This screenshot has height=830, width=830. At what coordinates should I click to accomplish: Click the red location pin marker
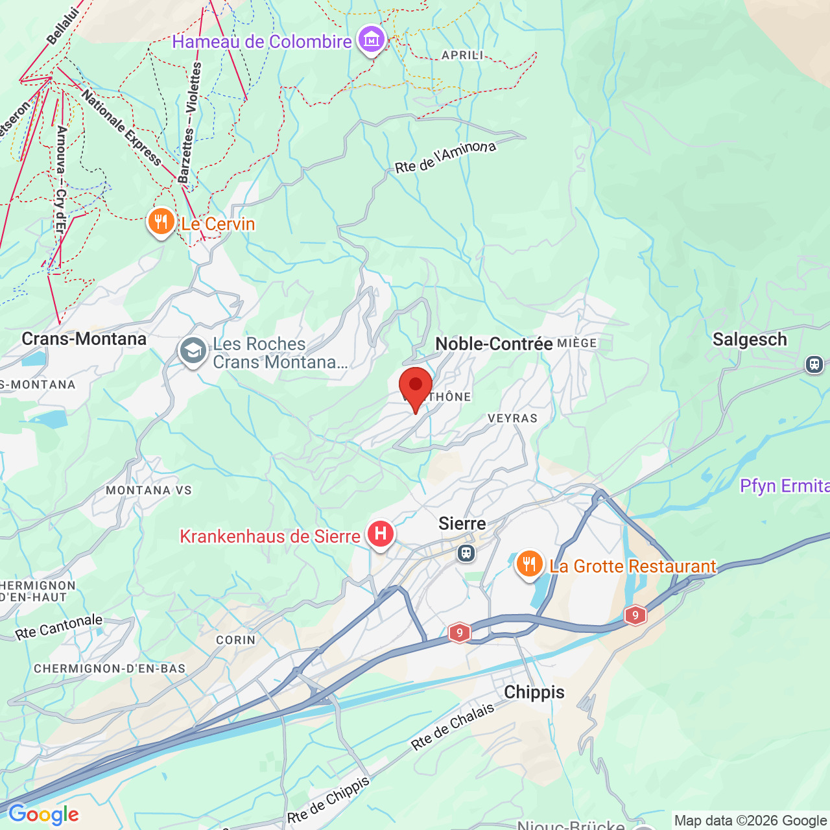[415, 386]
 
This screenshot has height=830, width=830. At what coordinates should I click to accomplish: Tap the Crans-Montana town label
[84, 339]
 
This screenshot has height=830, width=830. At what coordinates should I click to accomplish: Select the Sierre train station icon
[466, 553]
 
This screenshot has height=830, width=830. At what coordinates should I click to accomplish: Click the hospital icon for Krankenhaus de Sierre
[381, 534]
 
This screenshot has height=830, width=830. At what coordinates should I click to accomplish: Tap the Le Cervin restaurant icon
[161, 223]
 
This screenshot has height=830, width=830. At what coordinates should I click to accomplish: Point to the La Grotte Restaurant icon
[529, 565]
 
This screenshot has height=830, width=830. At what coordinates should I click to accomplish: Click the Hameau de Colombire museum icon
[371, 40]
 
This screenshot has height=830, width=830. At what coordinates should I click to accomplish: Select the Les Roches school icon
[193, 351]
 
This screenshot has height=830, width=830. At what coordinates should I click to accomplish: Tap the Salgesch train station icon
[814, 364]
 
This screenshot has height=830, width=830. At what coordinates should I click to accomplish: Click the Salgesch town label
[750, 339]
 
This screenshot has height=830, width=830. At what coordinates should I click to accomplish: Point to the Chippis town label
[534, 692]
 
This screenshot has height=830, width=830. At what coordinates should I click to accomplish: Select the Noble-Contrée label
[494, 344]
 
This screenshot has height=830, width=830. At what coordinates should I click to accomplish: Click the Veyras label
[512, 418]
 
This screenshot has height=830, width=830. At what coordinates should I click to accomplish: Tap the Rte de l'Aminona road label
[445, 156]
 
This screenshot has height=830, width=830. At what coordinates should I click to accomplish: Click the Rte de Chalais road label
[453, 727]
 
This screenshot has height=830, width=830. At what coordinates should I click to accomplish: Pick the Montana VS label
[149, 490]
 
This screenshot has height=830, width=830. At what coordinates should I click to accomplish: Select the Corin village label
[235, 640]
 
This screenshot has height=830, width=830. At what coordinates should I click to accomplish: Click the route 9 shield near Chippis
[459, 632]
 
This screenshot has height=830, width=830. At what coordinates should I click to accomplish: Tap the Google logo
[43, 814]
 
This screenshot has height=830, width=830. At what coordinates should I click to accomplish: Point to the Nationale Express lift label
[121, 128]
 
